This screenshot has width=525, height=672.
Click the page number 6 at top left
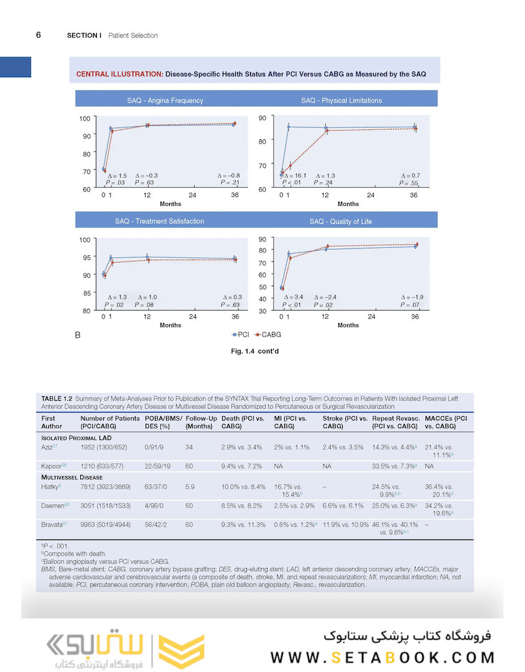point(39,35)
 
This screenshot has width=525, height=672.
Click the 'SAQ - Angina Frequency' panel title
point(160,100)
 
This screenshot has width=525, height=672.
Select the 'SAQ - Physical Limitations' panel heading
point(341,100)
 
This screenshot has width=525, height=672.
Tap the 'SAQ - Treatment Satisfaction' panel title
point(159,221)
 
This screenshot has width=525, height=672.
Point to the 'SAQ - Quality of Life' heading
point(341,222)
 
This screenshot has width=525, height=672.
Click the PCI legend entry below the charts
point(239,335)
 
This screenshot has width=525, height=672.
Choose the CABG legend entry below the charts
point(268,335)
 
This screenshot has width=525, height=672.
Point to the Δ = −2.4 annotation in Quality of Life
point(328,297)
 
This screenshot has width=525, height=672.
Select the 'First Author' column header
point(52,422)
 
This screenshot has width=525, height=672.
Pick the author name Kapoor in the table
point(50,465)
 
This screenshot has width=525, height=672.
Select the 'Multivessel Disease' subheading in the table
point(73,478)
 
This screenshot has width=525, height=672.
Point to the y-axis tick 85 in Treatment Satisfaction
point(86,292)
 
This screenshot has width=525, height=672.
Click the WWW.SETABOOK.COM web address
point(383,658)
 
